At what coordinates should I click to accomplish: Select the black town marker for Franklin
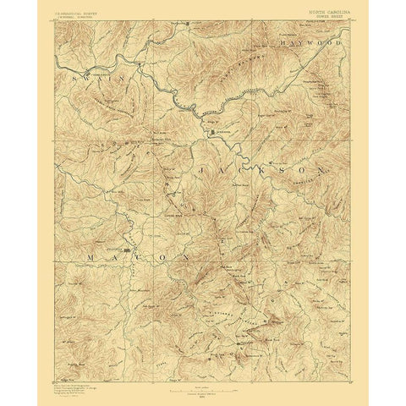tap(127, 250)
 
